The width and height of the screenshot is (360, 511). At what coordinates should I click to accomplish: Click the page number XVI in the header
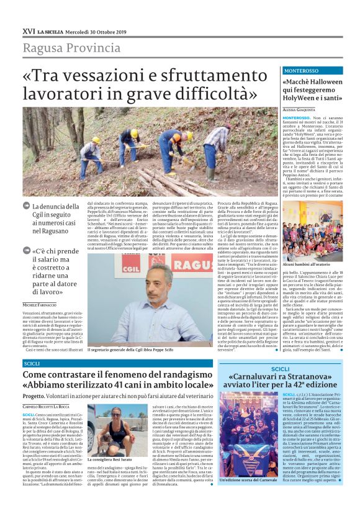click(x=28, y=30)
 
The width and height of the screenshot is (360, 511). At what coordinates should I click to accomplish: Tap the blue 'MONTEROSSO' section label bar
click(x=312, y=71)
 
